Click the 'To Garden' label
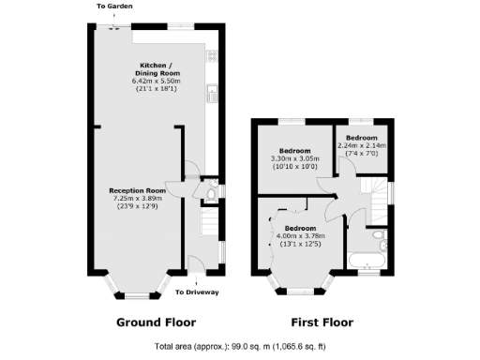[113, 7]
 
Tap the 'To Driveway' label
[197, 292]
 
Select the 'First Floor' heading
[322, 322]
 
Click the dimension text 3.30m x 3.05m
[295, 158]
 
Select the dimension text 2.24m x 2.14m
[361, 146]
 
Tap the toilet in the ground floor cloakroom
[210, 194]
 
